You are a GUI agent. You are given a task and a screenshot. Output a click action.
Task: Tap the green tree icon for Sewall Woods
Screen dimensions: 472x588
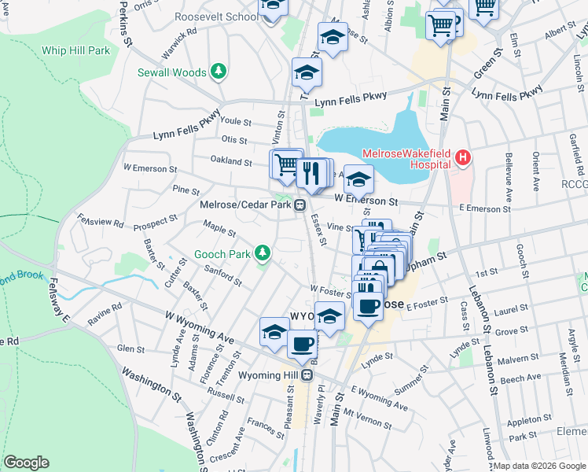(219, 72)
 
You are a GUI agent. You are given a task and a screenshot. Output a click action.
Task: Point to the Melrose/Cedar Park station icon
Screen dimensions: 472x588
(300, 205)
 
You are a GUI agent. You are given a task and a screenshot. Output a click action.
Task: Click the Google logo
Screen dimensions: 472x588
(26, 462)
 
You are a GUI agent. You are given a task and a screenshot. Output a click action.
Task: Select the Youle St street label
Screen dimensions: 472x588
(236, 123)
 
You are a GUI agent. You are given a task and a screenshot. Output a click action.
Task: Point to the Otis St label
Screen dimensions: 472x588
(234, 141)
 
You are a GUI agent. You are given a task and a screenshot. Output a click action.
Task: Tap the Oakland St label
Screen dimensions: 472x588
(230, 160)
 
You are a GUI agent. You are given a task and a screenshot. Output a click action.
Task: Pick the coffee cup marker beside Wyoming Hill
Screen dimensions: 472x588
(303, 343)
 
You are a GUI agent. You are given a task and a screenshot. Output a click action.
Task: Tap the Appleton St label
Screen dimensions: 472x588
(520, 421)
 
